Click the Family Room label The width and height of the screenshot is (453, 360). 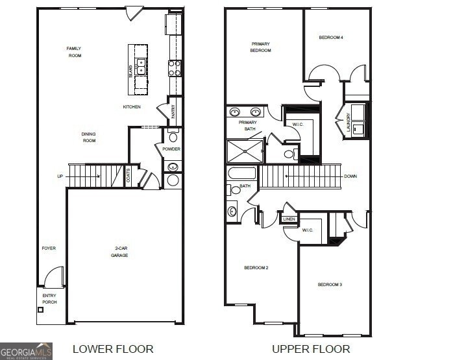point(75,52)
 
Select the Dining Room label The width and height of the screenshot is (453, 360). point(89,137)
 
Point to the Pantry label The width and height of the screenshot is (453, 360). point(173,112)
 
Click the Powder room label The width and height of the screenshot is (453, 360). point(171,149)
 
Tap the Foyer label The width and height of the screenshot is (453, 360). point(49,248)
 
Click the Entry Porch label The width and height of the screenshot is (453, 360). point(49,298)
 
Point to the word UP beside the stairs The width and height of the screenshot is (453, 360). point(60,176)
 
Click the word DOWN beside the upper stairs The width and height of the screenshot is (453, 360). point(351,176)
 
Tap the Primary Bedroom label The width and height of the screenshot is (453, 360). point(261,47)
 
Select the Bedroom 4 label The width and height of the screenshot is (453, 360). point(331,38)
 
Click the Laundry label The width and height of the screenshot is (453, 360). point(348,125)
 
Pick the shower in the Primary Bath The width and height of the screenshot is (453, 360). point(245,150)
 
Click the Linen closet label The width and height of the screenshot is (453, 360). point(289,219)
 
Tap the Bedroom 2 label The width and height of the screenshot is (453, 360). point(256,268)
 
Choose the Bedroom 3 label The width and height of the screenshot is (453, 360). point(330,285)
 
